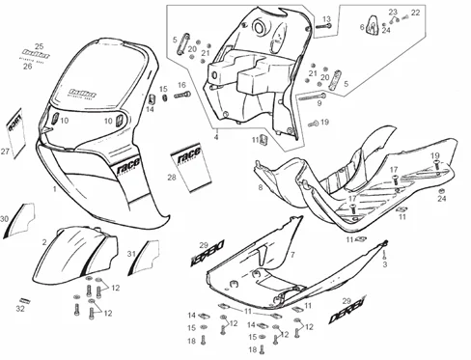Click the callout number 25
click(x=40, y=46)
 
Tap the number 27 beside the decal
click(x=5, y=152)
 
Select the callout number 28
click(x=172, y=177)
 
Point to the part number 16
click(x=181, y=86)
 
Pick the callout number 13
click(x=326, y=19)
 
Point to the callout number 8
click(x=260, y=186)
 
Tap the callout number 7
click(x=291, y=255)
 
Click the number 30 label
click(x=5, y=220)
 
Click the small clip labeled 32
click(x=21, y=296)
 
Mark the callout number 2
click(x=44, y=241)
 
